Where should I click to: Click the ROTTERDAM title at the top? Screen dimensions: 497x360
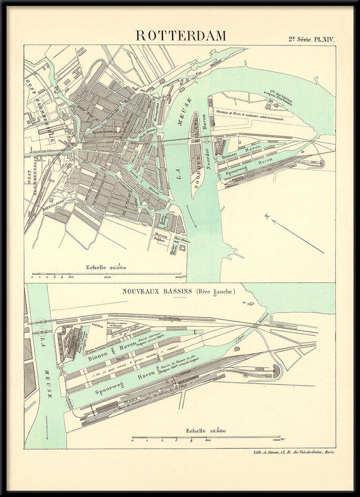(181, 36)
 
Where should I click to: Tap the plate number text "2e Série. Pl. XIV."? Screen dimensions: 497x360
(311, 39)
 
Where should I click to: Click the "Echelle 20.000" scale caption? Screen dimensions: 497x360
(106, 267)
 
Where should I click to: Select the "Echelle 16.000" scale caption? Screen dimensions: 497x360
(207, 431)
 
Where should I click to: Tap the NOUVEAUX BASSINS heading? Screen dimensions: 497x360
(157, 292)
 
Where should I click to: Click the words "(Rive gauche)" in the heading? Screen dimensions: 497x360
(216, 292)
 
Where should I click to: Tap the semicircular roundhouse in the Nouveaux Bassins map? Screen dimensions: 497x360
(275, 371)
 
